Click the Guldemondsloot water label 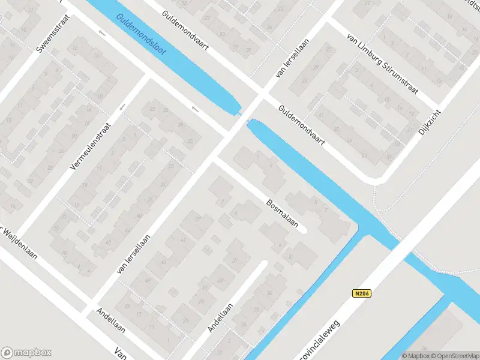pos(142,35)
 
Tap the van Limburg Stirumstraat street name pos(385,59)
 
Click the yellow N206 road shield pos(359,293)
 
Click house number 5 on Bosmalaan pos(316,202)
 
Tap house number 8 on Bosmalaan pos(290,256)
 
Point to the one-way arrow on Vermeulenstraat pos(122,107)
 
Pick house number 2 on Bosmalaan pos(224,202)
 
